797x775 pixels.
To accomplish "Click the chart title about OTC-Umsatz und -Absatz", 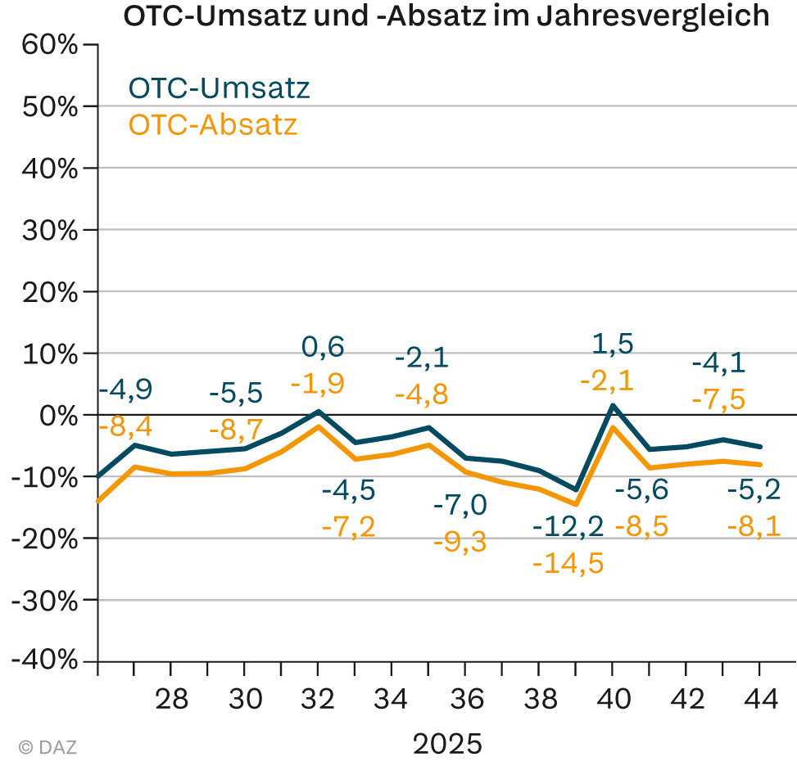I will pyautogui.click(x=446, y=16).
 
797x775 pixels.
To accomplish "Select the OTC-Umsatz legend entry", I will pyautogui.click(x=219, y=88).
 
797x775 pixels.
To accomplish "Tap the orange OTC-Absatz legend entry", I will pyautogui.click(x=212, y=125).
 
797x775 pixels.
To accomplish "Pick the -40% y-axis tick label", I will pyautogui.click(x=46, y=661).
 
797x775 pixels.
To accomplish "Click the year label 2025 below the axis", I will pyautogui.click(x=447, y=745).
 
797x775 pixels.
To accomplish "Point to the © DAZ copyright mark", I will pyautogui.click(x=48, y=746).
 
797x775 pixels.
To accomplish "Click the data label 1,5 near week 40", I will pyautogui.click(x=613, y=344).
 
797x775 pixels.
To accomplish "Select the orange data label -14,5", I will pyautogui.click(x=568, y=563).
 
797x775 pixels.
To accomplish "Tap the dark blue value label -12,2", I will pyautogui.click(x=568, y=525).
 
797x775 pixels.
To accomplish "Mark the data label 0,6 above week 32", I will pyautogui.click(x=323, y=346).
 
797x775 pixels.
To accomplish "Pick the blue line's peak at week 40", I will pyautogui.click(x=612, y=405).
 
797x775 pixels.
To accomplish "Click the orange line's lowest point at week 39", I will pyautogui.click(x=576, y=503).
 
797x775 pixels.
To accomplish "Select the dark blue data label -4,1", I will pyautogui.click(x=718, y=362).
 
